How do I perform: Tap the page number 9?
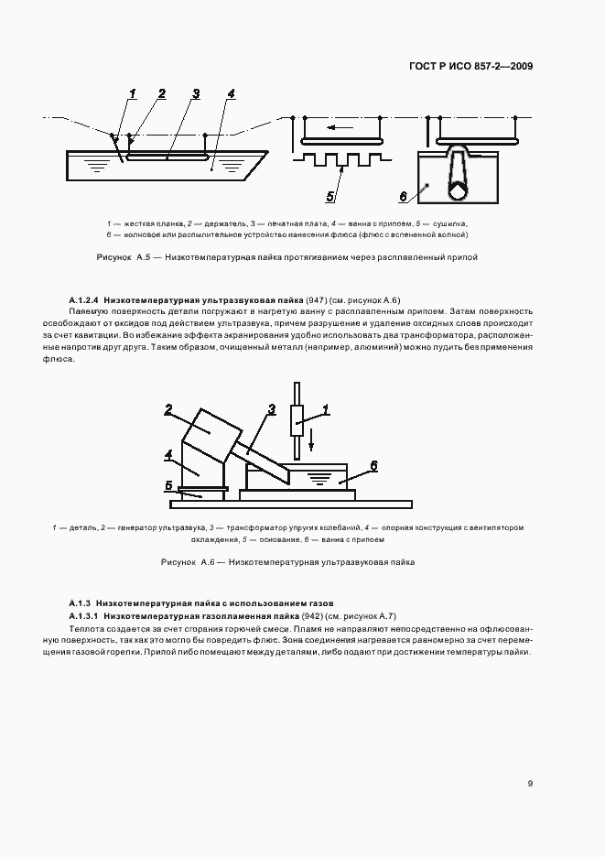[531, 783]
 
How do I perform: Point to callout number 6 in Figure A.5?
[402, 195]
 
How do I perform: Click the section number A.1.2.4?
[84, 300]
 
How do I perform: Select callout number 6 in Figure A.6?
[373, 465]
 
